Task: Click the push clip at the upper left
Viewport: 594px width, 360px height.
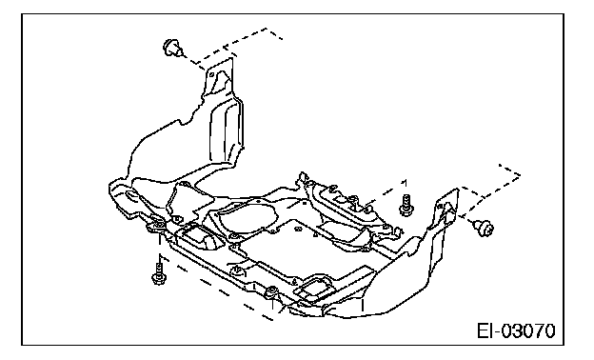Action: coord(172,48)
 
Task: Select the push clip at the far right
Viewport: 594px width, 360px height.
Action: coord(484,228)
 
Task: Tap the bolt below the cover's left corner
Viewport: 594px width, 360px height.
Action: coord(159,274)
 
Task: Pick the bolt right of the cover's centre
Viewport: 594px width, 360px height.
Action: coord(406,206)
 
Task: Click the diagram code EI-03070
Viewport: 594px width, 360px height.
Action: coord(516,330)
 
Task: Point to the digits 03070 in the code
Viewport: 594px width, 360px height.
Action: coord(529,330)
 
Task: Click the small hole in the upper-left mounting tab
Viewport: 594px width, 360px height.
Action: coord(211,74)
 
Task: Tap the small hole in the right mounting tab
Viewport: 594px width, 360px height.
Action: coord(441,206)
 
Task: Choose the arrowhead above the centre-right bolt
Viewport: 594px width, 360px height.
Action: coord(405,183)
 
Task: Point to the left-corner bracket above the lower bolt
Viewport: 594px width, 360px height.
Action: coord(156,226)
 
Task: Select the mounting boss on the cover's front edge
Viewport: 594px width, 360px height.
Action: coord(272,292)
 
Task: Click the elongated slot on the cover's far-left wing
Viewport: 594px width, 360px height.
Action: coord(131,195)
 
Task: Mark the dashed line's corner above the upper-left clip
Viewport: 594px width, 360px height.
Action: coord(267,29)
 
